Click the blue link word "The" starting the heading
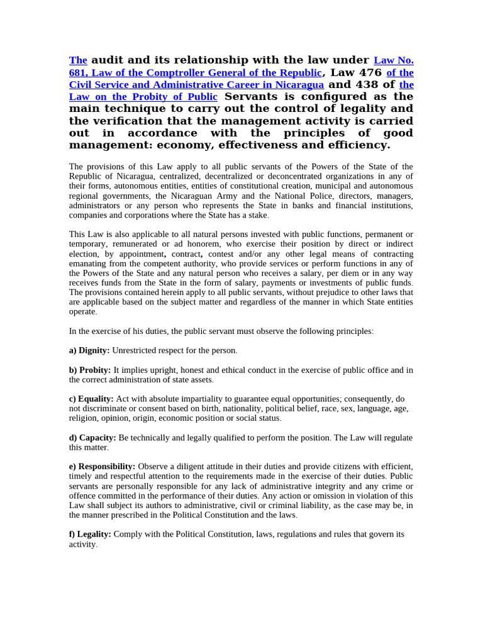78,60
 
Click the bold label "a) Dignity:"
89,350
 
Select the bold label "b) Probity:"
90,370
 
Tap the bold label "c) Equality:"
91,399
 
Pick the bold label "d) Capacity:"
92,438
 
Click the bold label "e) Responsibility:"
102,466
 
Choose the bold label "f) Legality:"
90,534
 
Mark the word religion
83,418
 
